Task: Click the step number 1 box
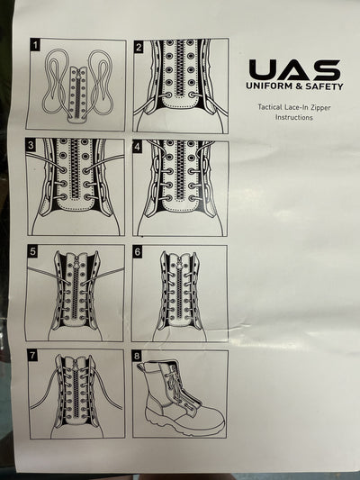[34, 44]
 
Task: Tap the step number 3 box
[31, 145]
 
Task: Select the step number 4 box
[138, 145]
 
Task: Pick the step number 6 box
[138, 252]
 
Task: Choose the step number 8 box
[138, 356]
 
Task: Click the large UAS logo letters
[294, 69]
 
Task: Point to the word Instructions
[293, 118]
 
